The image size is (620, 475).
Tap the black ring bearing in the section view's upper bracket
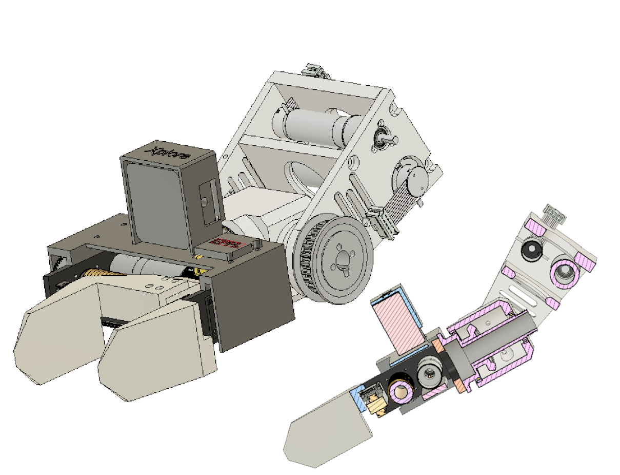coord(531,251)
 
